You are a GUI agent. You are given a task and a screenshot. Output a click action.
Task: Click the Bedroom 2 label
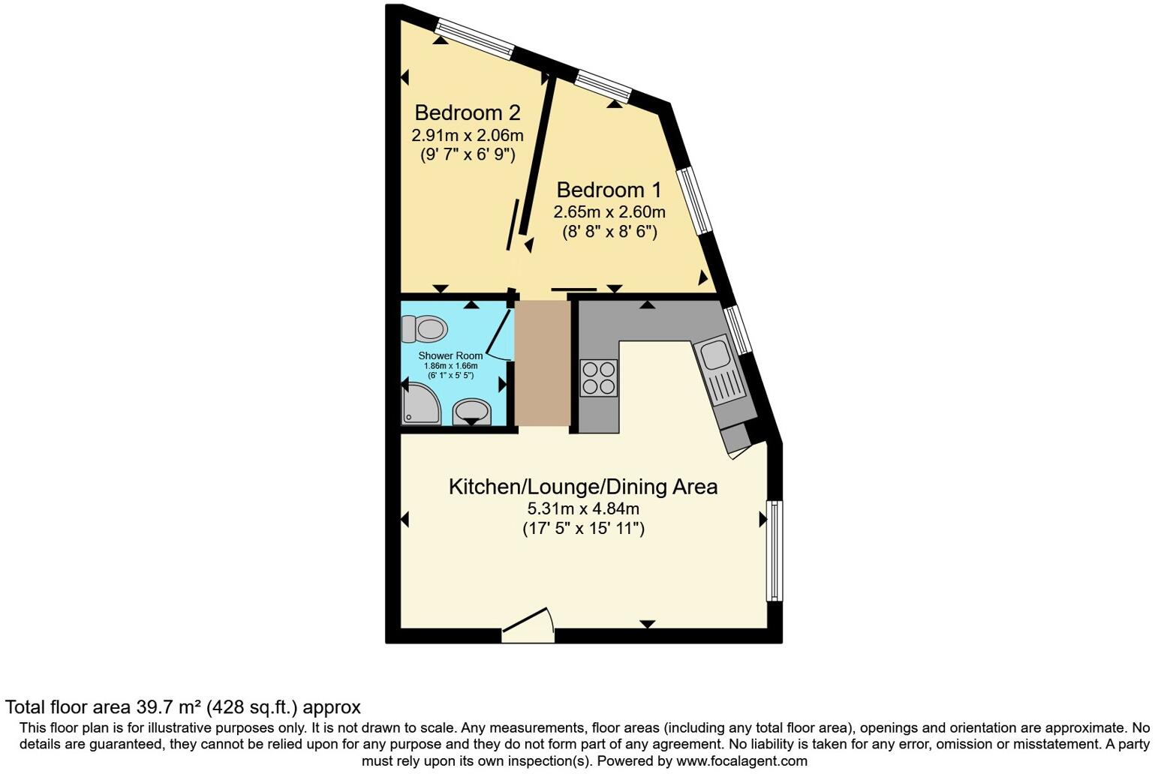click(x=467, y=113)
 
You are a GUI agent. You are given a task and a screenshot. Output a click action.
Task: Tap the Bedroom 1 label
click(x=609, y=190)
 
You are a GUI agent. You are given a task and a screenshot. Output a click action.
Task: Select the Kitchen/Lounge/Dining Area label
click(x=582, y=487)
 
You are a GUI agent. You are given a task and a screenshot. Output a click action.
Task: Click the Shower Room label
click(x=450, y=355)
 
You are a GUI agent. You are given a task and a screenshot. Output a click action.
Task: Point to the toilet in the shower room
click(x=424, y=328)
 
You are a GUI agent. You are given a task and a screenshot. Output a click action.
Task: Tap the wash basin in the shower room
click(x=471, y=411)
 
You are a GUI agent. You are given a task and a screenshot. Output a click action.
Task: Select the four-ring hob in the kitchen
click(x=599, y=378)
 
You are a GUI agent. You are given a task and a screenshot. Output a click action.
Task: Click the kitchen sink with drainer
click(x=719, y=372)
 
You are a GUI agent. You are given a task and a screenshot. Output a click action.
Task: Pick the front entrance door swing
click(x=528, y=626)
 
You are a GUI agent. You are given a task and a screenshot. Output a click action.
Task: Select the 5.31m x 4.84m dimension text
click(x=583, y=508)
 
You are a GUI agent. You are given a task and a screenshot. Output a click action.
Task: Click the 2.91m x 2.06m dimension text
click(x=467, y=136)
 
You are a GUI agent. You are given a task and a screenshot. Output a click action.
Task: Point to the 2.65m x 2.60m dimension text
click(x=609, y=211)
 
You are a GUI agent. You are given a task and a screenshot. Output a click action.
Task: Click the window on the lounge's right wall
click(x=774, y=550)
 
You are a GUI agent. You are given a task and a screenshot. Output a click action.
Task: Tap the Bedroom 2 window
click(x=476, y=38)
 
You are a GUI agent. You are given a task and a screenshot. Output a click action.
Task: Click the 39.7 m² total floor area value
click(x=168, y=707)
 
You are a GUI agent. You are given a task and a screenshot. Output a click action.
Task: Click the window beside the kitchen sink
click(x=737, y=330)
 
